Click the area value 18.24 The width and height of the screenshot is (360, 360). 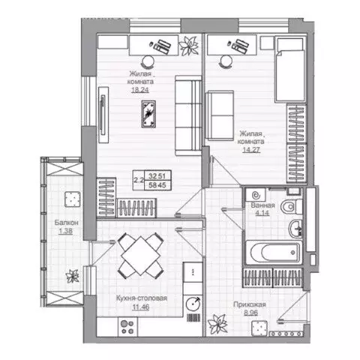pos(139,88)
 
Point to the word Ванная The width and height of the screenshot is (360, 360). pos(263,205)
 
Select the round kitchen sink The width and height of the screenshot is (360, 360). pos(193,304)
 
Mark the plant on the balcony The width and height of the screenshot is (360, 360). pos(73,274)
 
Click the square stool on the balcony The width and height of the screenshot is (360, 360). pos(73,199)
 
